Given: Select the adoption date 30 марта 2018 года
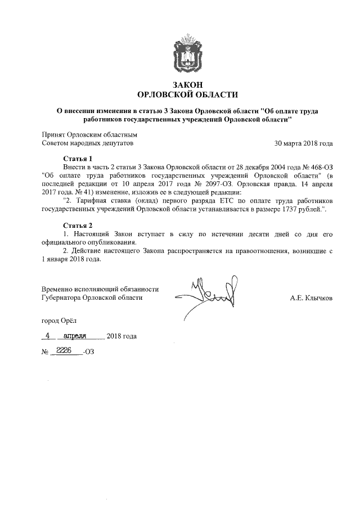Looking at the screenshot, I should pos(303,143).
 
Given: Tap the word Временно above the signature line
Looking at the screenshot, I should pos(59,289).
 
